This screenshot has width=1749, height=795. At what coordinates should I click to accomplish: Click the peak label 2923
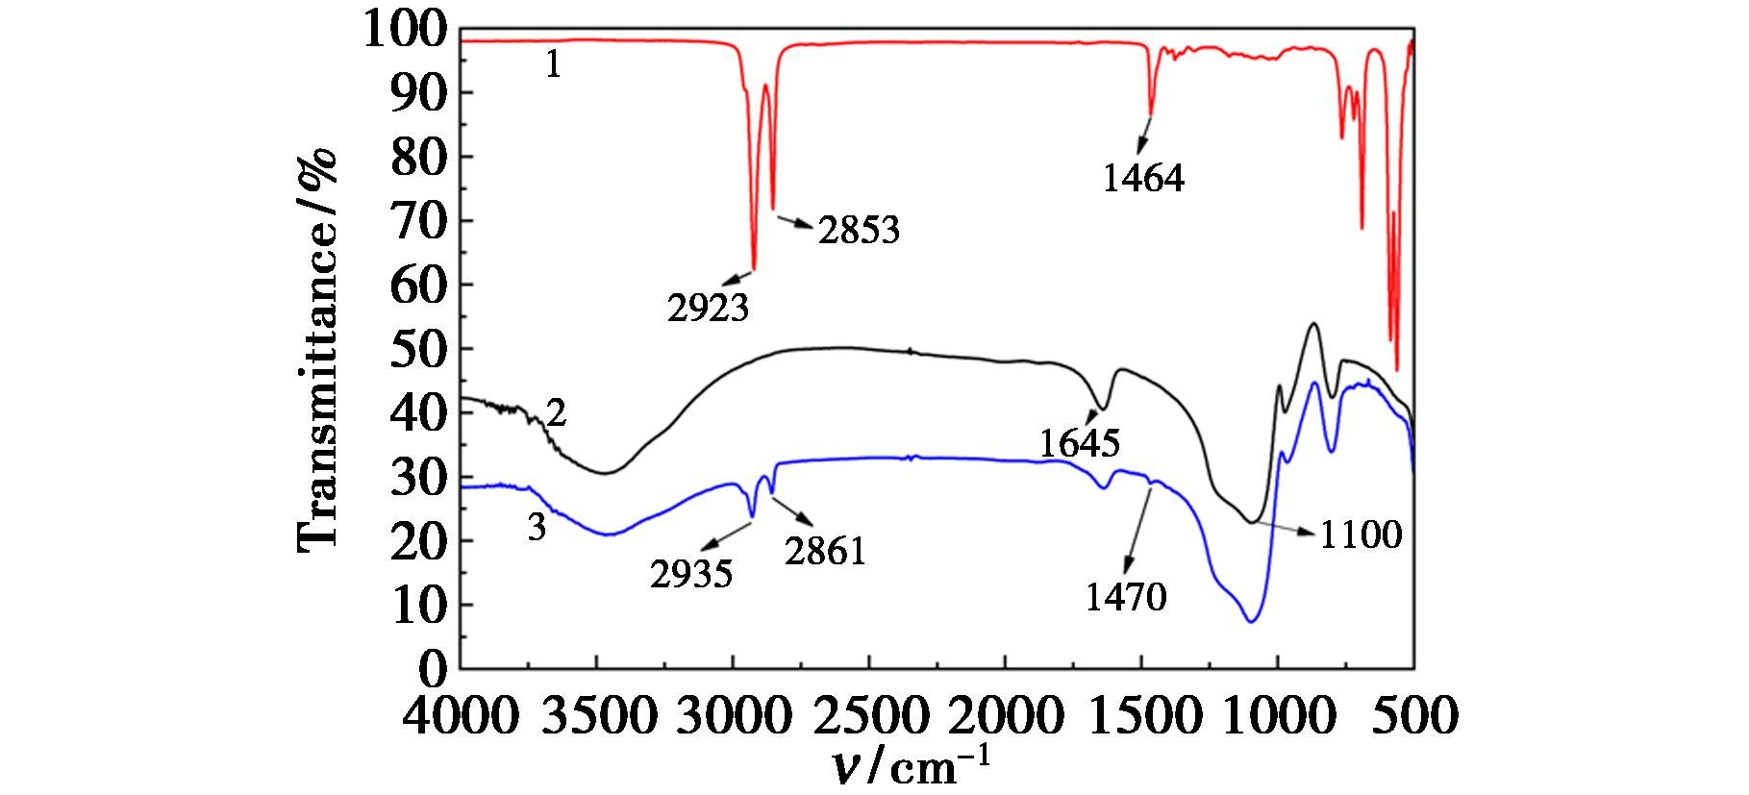tap(708, 308)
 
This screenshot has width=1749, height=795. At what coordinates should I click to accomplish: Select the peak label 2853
tap(859, 230)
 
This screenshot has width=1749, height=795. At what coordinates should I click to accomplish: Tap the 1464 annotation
tap(1143, 178)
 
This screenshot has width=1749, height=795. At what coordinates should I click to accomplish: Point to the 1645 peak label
tap(1080, 443)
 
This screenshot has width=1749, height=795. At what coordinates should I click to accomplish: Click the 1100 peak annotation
tap(1360, 534)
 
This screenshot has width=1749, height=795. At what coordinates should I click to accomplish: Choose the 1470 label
tap(1126, 598)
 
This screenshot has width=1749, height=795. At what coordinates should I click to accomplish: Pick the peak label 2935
tap(691, 575)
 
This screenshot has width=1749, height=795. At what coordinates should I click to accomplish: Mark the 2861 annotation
tap(825, 552)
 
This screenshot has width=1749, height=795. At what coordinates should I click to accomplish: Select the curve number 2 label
tap(555, 414)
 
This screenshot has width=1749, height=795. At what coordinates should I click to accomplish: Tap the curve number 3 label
tap(537, 527)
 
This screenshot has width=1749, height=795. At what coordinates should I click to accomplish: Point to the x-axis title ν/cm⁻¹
tap(909, 769)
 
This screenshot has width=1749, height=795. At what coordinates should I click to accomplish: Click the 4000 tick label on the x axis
tap(461, 716)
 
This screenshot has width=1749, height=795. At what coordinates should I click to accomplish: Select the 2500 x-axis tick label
tap(868, 716)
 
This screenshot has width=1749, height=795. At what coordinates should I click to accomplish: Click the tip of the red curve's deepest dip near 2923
tap(754, 269)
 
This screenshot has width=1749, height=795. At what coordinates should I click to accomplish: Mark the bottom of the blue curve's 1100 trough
tap(1251, 622)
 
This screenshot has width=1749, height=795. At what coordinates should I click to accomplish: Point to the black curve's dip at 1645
tap(1103, 409)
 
